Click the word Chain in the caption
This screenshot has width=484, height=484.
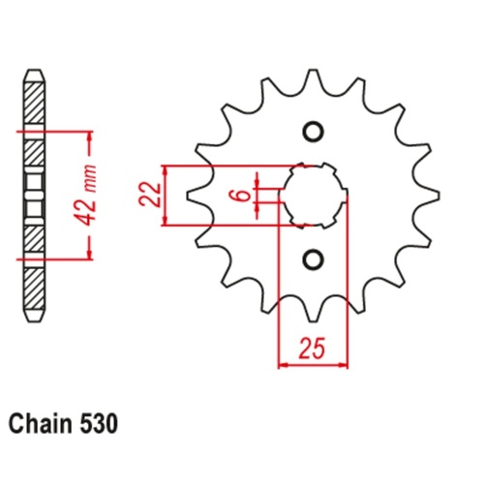(x=39, y=423)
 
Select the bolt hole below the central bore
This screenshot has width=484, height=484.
(x=312, y=257)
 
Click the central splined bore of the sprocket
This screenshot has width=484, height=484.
(x=312, y=196)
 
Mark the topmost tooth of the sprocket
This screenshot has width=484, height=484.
(x=312, y=81)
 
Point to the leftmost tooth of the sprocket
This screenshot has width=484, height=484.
(x=194, y=196)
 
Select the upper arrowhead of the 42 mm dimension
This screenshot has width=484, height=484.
(x=89, y=133)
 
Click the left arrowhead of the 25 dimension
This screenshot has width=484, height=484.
(x=284, y=366)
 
